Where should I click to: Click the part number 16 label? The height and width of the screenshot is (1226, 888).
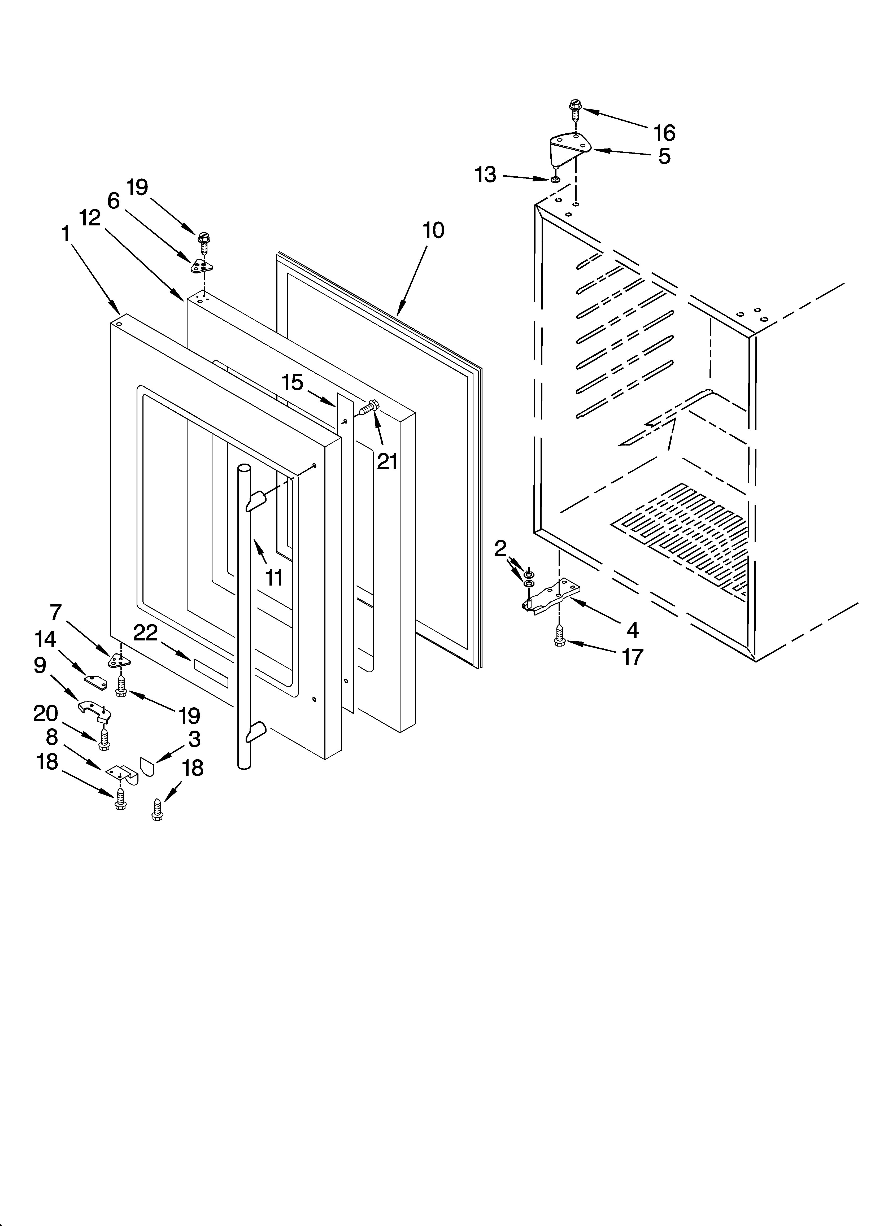[x=664, y=132]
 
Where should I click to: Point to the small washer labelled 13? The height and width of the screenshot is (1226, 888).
[x=555, y=179]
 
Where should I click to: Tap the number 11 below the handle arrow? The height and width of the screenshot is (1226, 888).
[x=274, y=578]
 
